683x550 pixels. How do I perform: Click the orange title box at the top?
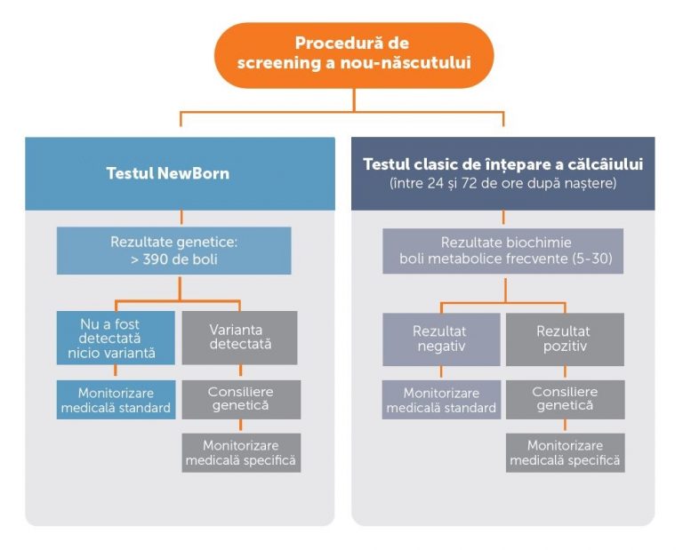pos(353,53)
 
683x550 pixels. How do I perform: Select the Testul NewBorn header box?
pos(180,173)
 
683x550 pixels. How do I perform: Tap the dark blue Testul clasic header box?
pos(502,173)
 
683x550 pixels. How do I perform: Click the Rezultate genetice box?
pos(174,250)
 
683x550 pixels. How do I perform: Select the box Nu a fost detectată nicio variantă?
pos(117,338)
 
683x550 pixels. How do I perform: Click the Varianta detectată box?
pos(240,338)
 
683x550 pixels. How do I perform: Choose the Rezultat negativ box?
pos(441,338)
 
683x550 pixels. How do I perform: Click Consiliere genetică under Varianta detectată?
pos(240,399)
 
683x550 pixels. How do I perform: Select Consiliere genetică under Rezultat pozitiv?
pos(565,399)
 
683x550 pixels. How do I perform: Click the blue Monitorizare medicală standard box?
pos(117,399)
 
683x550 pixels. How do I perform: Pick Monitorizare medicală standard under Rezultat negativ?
pos(441,399)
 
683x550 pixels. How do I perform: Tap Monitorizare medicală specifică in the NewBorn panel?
pos(241,452)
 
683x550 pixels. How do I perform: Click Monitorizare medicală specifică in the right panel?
pos(565,452)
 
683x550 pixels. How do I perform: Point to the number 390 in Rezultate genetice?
pos(157,259)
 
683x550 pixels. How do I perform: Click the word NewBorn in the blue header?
pos(197,173)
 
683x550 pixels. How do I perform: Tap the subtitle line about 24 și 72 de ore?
pos(502,183)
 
